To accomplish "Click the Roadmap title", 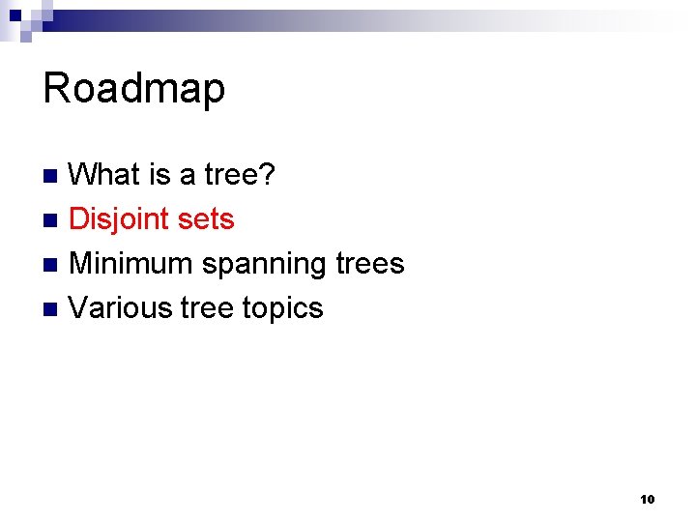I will (x=134, y=88).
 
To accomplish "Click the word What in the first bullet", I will (x=105, y=175).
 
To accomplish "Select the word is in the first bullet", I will (x=159, y=175).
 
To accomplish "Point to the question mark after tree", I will (x=269, y=175).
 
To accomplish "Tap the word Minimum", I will (x=131, y=263).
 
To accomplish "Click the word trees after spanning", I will (x=368, y=263).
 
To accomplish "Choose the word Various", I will (x=121, y=307).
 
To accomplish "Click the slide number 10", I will (x=647, y=500).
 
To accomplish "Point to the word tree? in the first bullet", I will (x=242, y=175).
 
